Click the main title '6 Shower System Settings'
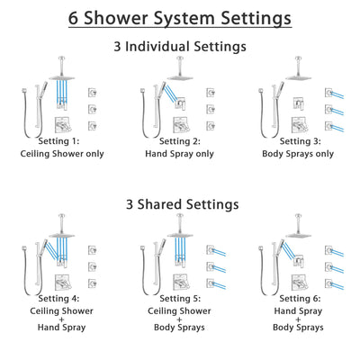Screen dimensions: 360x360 pos(180,17)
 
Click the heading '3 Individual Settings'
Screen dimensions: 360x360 pos(180,47)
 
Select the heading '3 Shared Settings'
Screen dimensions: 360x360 pos(180,205)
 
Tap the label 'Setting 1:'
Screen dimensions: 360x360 pos(64,141)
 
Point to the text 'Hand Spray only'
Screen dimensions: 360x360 pos(181,153)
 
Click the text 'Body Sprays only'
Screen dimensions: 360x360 pos(298,153)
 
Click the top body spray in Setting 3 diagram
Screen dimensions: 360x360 pos(327,92)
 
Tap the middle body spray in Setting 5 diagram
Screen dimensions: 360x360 pos(210,267)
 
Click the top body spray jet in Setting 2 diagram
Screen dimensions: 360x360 pos(210,92)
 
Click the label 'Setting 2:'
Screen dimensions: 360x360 pos(181,141)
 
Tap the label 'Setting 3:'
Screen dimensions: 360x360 pos(298,141)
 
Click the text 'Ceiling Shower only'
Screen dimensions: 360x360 pos(64,153)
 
